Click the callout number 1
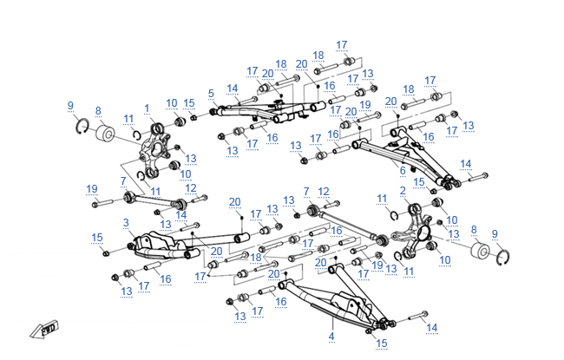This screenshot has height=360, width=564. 148,108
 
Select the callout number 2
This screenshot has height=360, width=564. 403,190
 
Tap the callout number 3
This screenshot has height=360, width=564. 127,223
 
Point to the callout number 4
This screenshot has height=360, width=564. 331,335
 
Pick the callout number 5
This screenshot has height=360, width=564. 211,93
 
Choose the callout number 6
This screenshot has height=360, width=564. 403,170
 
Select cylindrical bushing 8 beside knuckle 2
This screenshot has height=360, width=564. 480,253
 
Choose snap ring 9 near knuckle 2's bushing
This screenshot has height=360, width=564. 503,256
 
